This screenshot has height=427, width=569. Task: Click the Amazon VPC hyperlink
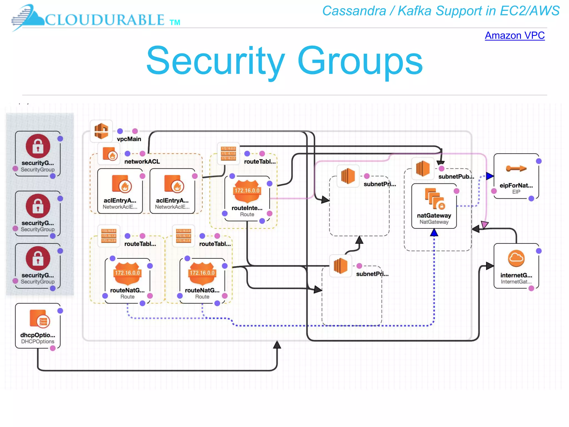(515, 36)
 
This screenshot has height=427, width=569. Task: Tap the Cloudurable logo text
(104, 20)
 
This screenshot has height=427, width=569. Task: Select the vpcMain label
(129, 139)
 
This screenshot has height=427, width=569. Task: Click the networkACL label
(142, 162)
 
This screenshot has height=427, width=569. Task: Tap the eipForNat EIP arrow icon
(516, 168)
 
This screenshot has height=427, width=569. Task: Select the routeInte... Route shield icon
(247, 191)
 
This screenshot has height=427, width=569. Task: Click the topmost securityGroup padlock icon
(38, 146)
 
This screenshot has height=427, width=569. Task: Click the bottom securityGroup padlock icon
(38, 259)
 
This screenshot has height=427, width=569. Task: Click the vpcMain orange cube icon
(101, 131)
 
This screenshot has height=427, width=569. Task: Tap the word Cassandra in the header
(354, 11)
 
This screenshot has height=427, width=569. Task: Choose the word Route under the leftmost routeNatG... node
(127, 297)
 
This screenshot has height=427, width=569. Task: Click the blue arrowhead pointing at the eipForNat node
(490, 176)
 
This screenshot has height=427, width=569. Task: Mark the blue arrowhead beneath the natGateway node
(434, 233)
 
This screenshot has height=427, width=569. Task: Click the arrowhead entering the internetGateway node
(490, 266)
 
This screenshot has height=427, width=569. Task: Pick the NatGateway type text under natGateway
(434, 222)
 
